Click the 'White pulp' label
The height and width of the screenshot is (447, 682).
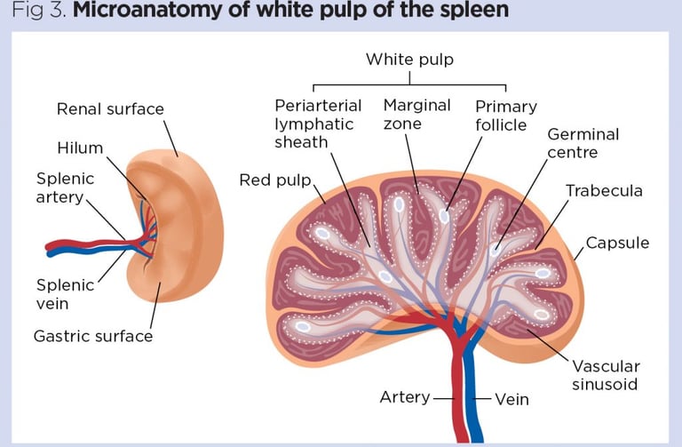click(x=409, y=60)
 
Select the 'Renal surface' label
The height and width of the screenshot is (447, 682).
click(x=110, y=108)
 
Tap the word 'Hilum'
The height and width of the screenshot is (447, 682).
click(x=80, y=148)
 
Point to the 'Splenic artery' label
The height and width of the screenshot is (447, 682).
click(x=65, y=188)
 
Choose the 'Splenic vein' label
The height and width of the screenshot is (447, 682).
click(x=65, y=294)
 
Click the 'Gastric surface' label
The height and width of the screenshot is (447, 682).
click(x=93, y=336)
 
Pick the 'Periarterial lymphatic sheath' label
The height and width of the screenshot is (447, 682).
click(x=319, y=124)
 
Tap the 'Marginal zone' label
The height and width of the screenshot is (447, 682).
click(x=416, y=115)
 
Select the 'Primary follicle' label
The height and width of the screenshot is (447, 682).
click(x=506, y=116)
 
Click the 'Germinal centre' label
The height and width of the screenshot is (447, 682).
click(x=583, y=143)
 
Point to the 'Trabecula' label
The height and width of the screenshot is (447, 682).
click(x=604, y=191)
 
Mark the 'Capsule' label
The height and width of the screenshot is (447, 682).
click(x=618, y=243)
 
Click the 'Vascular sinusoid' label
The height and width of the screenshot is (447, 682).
click(x=606, y=375)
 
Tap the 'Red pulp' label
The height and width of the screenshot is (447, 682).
click(x=275, y=180)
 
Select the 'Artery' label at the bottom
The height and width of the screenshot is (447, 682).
click(x=405, y=397)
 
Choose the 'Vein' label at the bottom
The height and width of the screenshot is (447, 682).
click(x=511, y=399)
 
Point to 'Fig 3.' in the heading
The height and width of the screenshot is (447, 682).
click(x=39, y=10)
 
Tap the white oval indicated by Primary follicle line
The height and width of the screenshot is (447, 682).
click(x=444, y=216)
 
